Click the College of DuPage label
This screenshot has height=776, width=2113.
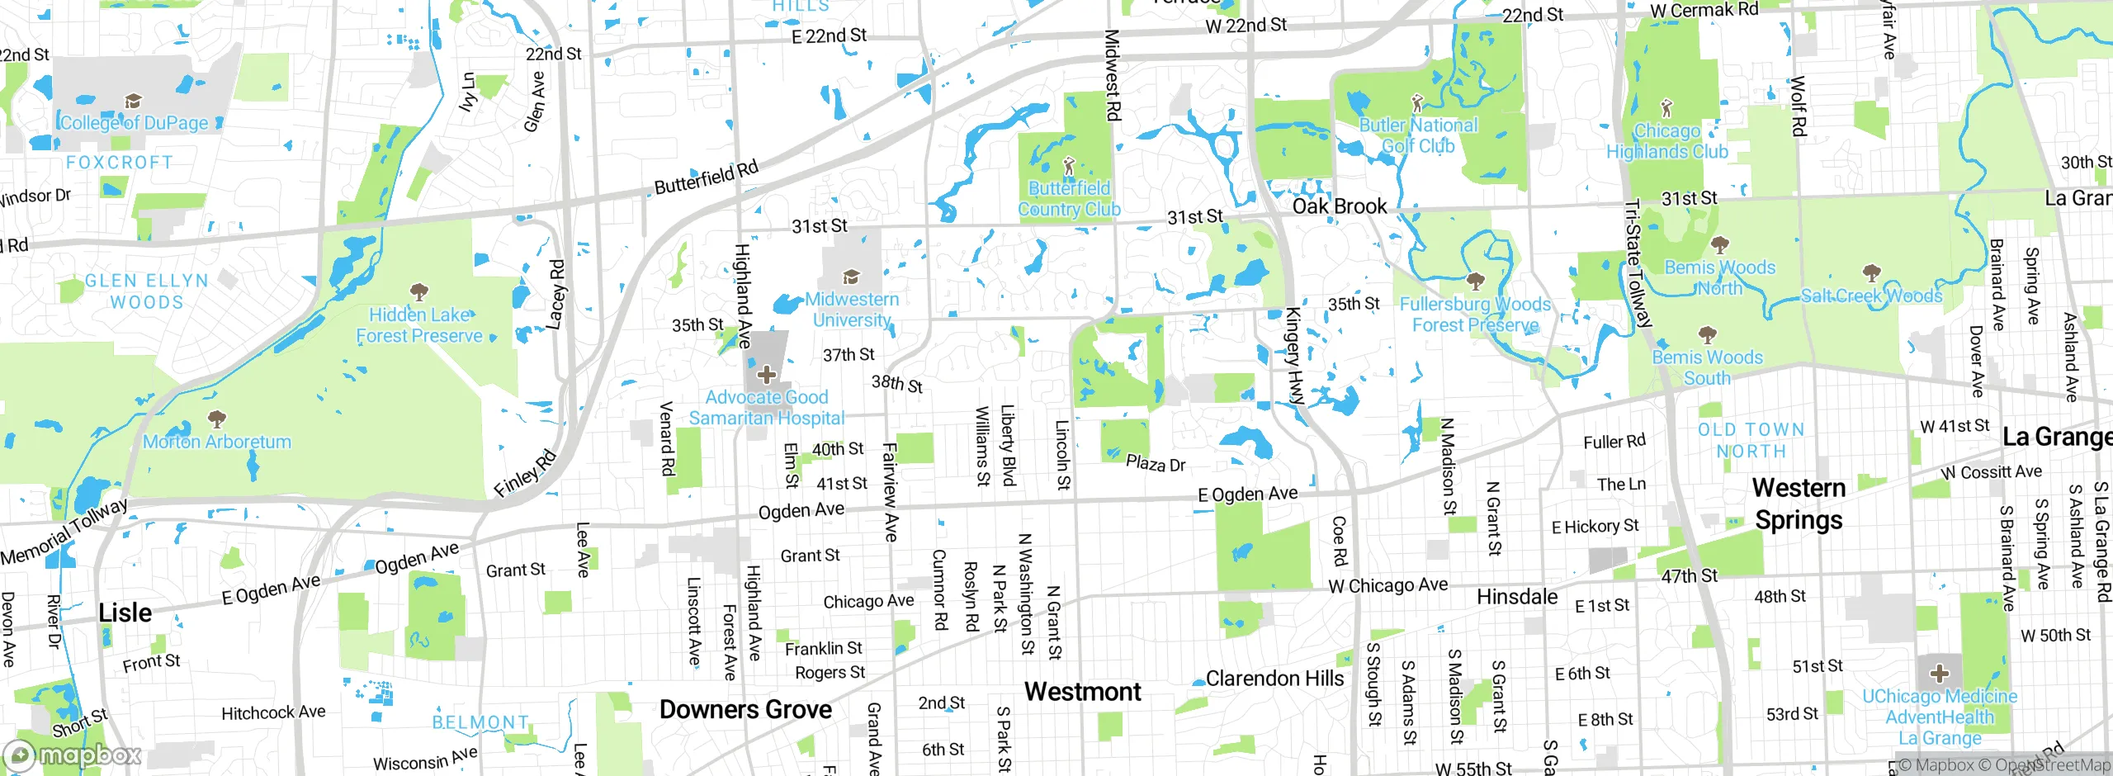pos(135,123)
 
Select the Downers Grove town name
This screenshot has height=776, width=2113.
pos(745,709)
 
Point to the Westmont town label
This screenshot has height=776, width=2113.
pos(1082,692)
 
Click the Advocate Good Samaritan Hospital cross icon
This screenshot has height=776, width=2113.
pos(766,375)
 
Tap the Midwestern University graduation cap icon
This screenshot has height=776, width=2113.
pos(851,277)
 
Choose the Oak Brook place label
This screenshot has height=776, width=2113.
pos(1339,206)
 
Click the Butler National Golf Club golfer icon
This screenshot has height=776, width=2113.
pos(1417,103)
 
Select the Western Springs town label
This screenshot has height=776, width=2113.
pos(1799,504)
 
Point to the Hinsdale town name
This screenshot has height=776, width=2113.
pos(1517,597)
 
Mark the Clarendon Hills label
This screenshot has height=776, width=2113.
pos(1274,679)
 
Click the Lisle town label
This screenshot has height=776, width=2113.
pos(125,613)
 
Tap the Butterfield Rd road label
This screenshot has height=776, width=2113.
pos(706,177)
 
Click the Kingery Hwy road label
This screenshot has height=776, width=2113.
pos(1293,355)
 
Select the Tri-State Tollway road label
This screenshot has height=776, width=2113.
pos(1638,264)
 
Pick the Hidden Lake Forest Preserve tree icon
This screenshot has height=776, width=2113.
pos(419,292)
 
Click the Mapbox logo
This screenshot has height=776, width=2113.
pos(73,755)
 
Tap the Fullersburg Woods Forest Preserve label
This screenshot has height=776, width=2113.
pos(1475,315)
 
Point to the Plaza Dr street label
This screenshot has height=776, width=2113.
pos(1156,463)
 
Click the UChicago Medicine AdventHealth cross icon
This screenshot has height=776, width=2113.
pos(1939,673)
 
